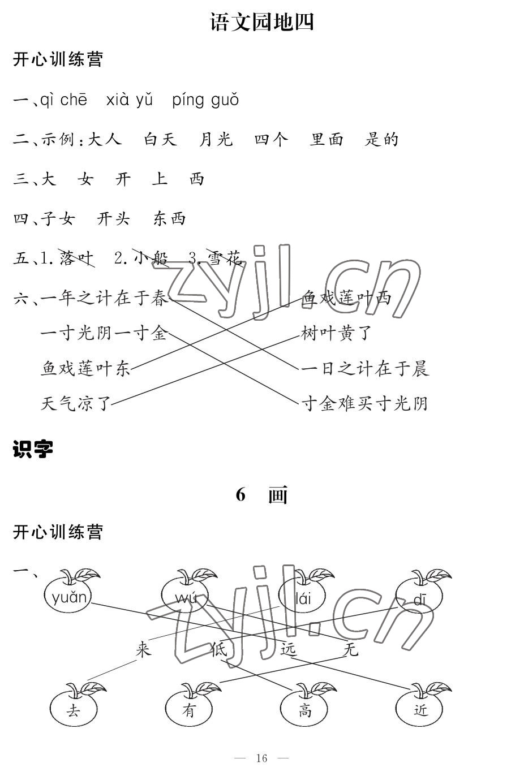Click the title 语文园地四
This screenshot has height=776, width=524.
tap(261, 22)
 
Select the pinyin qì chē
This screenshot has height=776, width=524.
tap(64, 100)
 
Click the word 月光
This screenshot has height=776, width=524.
tap(216, 139)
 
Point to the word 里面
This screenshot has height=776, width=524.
tap(327, 139)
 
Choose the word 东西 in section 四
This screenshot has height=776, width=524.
tap(169, 219)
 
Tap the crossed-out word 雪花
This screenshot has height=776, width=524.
tap(225, 258)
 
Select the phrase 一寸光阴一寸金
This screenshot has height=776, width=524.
tap(104, 334)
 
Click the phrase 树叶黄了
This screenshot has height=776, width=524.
tap(336, 334)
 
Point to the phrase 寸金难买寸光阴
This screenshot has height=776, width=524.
tap(364, 403)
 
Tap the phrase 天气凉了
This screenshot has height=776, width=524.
tap(76, 403)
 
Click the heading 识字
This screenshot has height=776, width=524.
tap(33, 450)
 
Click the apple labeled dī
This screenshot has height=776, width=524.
tap(419, 598)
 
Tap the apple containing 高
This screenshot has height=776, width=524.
tap(305, 709)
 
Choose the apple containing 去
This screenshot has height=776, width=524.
tap(74, 709)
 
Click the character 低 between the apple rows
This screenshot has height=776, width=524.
tap(218, 649)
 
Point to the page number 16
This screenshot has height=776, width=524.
tap(261, 758)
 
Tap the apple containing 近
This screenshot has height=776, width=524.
tap(420, 709)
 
